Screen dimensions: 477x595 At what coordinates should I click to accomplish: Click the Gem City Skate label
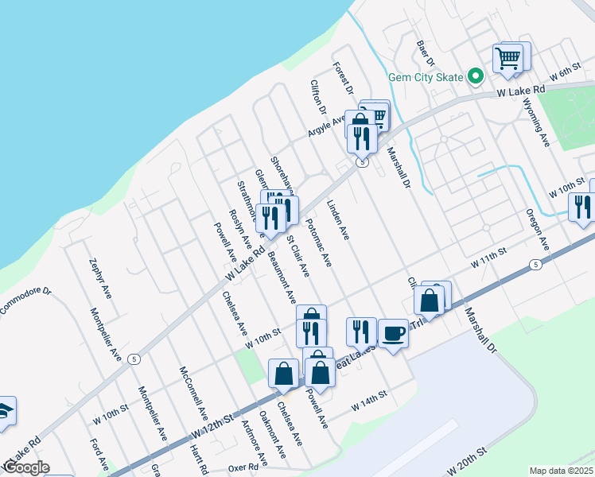click(425, 77)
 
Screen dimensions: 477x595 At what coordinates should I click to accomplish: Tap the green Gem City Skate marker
click(476, 77)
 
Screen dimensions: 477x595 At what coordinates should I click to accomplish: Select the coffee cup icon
click(393, 332)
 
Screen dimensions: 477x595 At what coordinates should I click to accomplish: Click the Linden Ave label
click(338, 220)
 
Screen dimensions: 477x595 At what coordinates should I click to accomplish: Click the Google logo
click(26, 467)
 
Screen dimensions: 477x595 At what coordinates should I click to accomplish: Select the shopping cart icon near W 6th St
click(507, 58)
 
